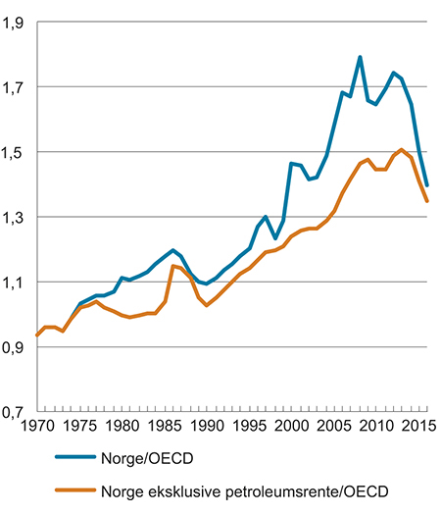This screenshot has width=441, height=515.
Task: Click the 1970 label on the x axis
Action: coord(37,428)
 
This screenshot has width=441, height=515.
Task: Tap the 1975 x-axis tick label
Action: coord(79,428)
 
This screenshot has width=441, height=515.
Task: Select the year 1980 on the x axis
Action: coord(122,428)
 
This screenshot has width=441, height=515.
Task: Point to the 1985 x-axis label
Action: coord(164,428)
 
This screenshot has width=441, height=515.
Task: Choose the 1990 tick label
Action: coord(206,428)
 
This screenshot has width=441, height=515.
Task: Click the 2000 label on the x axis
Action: coord(291,428)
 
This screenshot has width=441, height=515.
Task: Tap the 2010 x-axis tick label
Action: coord(375,428)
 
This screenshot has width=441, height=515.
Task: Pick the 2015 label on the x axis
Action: coord(416,428)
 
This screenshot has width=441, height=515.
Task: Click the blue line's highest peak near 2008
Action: coord(360,57)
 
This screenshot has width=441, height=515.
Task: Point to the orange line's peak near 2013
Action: coord(402,149)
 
